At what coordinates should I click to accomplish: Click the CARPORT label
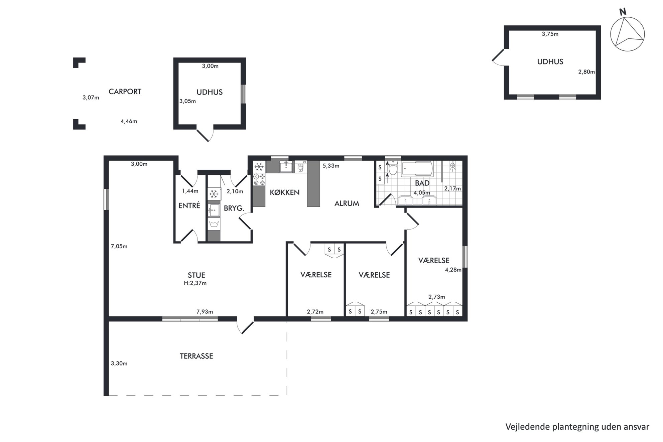(x=125, y=92)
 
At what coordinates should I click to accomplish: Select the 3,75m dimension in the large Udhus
(x=550, y=34)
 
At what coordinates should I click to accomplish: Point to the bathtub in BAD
(x=417, y=169)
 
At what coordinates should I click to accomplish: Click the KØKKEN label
(x=285, y=192)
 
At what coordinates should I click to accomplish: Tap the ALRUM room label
(x=347, y=203)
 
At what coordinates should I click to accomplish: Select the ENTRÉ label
(x=189, y=206)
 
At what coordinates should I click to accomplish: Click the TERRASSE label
(x=196, y=356)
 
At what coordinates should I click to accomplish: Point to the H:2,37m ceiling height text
(x=195, y=283)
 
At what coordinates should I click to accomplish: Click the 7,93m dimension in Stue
(x=205, y=312)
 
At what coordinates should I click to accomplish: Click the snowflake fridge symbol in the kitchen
(x=259, y=166)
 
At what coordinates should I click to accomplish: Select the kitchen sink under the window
(x=286, y=166)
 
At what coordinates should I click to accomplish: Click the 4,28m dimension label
(x=453, y=270)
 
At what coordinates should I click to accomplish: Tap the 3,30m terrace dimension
(x=119, y=363)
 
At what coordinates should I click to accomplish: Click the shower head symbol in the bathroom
(x=453, y=166)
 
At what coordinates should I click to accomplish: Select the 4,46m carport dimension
(x=129, y=121)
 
